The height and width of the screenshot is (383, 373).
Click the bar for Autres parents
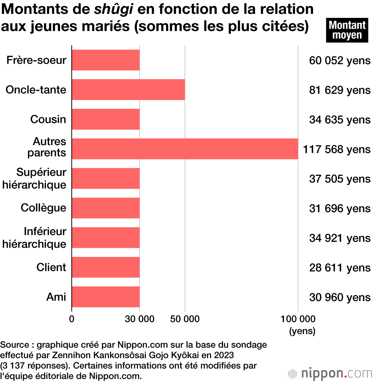[185, 149]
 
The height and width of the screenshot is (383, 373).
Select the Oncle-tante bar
[128, 90]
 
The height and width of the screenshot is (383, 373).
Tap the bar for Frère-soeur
[106, 60]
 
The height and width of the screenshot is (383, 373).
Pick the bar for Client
[106, 268]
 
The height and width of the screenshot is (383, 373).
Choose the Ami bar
[106, 297]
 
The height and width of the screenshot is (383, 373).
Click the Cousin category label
[48, 120]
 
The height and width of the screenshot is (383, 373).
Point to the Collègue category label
[43, 208]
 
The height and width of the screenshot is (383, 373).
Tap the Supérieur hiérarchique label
[34, 178]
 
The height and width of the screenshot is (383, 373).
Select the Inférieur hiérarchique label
[34, 238]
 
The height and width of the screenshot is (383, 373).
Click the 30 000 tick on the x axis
[140, 319]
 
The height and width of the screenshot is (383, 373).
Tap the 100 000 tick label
[298, 319]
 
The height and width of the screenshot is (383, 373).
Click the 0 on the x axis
[72, 319]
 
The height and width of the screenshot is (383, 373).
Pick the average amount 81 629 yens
[340, 90]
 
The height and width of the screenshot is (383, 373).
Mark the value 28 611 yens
[340, 268]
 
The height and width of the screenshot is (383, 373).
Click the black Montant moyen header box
[347, 30]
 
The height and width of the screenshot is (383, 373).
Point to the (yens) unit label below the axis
[302, 331]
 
